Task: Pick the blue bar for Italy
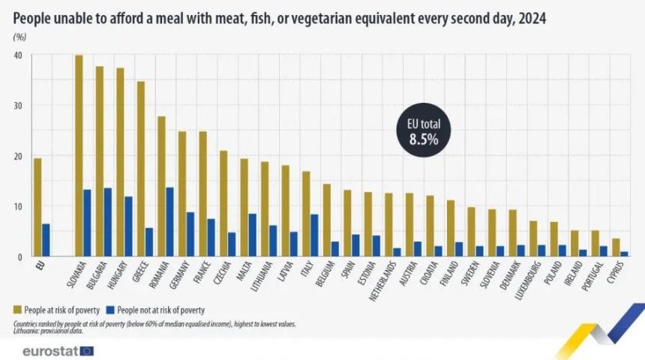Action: point(314,235)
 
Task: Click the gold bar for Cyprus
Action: point(616,247)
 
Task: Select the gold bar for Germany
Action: point(182,194)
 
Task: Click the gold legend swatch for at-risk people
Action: point(17,309)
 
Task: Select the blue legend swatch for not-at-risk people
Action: point(110,309)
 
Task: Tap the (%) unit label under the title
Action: point(19,37)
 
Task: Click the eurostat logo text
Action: point(49,350)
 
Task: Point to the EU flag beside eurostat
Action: point(86,350)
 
